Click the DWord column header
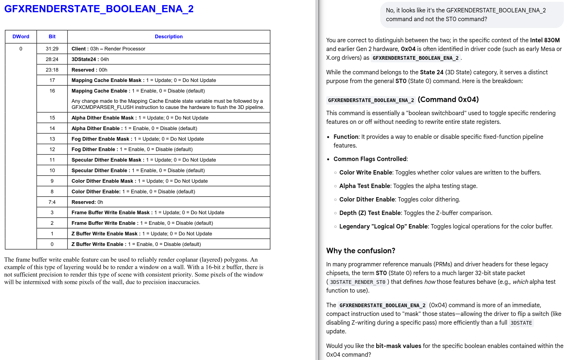tap(21, 36)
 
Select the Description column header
tap(168, 36)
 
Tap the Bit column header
tap(52, 36)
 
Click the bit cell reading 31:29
tap(52, 49)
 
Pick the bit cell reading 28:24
tap(52, 59)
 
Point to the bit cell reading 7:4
tap(52, 202)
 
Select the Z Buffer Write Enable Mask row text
tap(141, 234)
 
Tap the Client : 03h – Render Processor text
tap(108, 49)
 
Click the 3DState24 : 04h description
tap(90, 59)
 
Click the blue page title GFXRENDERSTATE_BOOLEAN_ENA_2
tap(99, 9)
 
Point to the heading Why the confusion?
tap(361, 251)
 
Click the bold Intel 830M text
tap(545, 40)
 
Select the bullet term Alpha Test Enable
tap(365, 186)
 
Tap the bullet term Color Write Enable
tap(366, 172)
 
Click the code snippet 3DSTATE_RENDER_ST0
tap(358, 282)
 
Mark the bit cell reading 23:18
tap(52, 70)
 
